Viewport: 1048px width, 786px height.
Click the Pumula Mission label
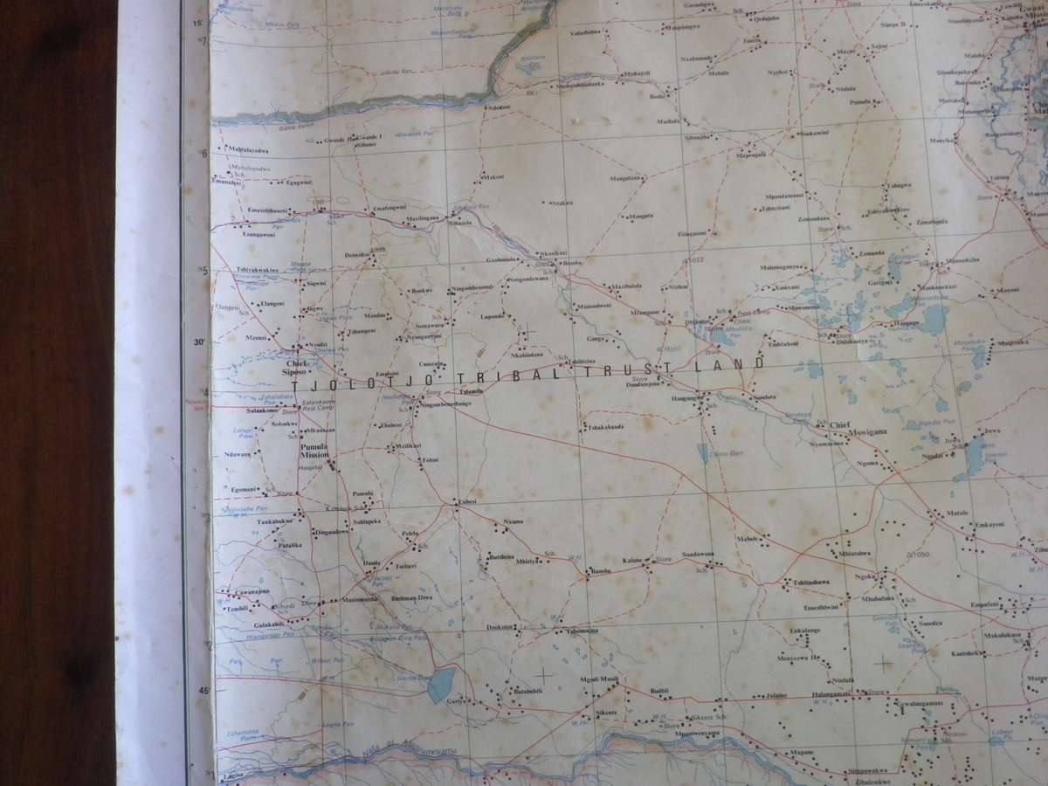coord(312,450)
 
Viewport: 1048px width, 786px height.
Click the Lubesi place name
coord(464,501)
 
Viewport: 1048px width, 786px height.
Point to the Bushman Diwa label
coord(412,597)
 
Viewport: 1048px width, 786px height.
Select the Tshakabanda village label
coord(605,427)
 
